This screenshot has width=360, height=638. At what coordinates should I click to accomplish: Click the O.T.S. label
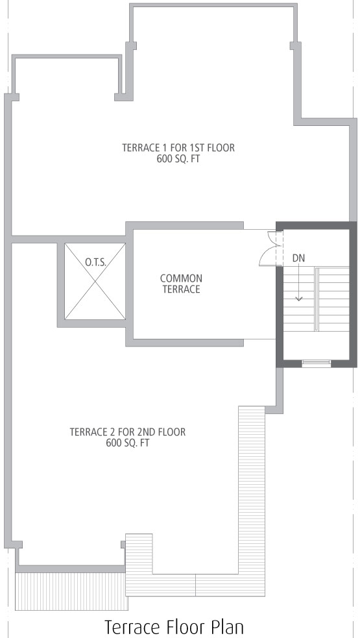click(95, 262)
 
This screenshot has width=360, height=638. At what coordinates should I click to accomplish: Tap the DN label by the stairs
click(298, 258)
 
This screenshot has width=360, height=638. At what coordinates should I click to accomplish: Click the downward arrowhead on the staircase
click(299, 299)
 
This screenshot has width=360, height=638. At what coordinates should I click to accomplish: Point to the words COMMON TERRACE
click(181, 284)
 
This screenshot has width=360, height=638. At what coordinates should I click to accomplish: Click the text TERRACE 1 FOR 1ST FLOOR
click(178, 147)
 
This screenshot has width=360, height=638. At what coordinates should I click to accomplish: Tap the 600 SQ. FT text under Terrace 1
click(178, 158)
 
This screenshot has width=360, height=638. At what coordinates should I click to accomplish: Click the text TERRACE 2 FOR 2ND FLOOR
click(128, 432)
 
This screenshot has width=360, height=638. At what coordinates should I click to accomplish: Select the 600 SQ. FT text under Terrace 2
click(128, 443)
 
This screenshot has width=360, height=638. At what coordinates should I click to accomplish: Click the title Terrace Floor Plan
click(174, 627)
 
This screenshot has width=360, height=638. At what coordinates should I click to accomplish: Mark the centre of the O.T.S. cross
click(95, 281)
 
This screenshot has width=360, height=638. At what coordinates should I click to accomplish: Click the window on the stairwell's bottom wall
click(316, 363)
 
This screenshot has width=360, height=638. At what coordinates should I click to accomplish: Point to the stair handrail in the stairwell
click(317, 299)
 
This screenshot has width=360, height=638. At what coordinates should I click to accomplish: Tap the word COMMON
click(181, 278)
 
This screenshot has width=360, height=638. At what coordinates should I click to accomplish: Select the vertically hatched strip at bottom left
click(71, 591)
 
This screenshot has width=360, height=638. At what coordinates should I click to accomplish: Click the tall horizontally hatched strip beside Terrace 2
click(252, 501)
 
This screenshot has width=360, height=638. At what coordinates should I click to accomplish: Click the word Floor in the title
click(185, 627)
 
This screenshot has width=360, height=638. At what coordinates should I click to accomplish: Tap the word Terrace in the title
click(132, 627)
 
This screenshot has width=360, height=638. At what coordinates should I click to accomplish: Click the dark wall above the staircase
click(317, 225)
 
